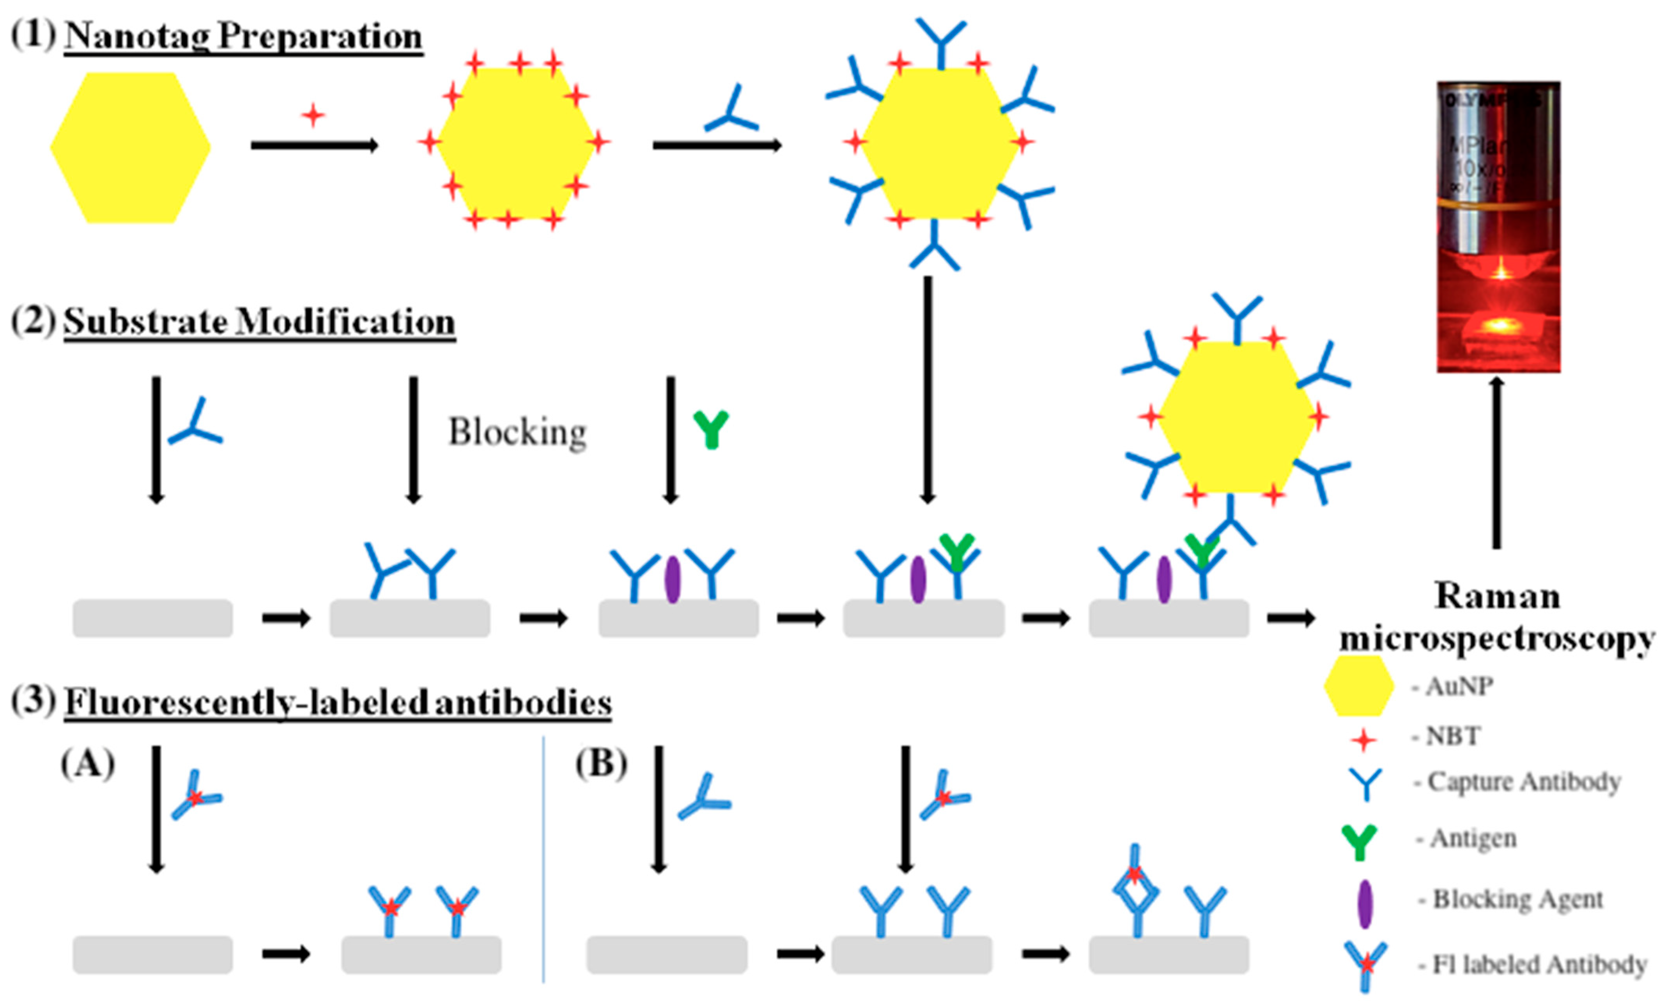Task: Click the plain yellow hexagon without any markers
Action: (x=131, y=147)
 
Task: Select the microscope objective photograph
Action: (x=1498, y=227)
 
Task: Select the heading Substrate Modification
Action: (x=259, y=322)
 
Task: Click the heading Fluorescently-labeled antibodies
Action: (x=338, y=703)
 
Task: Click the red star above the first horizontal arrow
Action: (x=312, y=115)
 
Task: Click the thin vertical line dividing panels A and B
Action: (x=543, y=859)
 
